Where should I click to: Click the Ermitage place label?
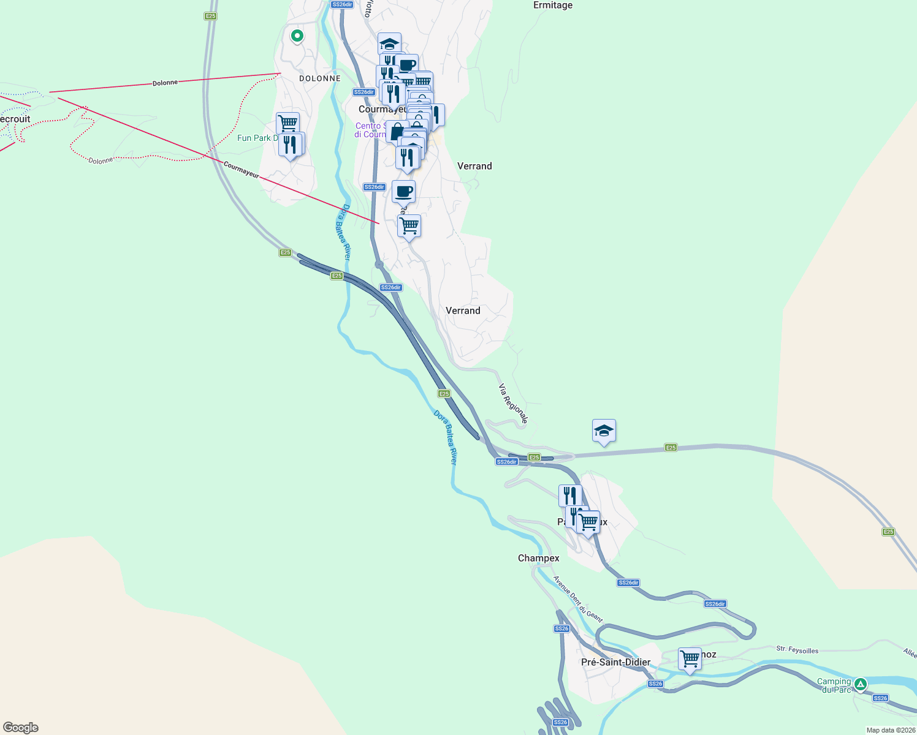pyautogui.click(x=552, y=6)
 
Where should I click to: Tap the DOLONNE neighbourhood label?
pyautogui.click(x=319, y=78)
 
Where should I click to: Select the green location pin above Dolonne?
pyautogui.click(x=297, y=36)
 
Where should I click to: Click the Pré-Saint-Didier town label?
pyautogui.click(x=615, y=662)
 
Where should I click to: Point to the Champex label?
pyautogui.click(x=538, y=558)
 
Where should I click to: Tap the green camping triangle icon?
pyautogui.click(x=861, y=684)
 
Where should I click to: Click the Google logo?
pyautogui.click(x=21, y=727)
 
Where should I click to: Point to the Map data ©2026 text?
pyautogui.click(x=890, y=730)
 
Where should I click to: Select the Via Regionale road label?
pyautogui.click(x=513, y=404)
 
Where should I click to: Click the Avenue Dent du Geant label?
pyautogui.click(x=578, y=598)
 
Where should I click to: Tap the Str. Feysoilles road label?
pyautogui.click(x=797, y=650)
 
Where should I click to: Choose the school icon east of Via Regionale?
pyautogui.click(x=604, y=431)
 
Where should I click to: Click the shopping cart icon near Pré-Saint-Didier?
pyautogui.click(x=690, y=659)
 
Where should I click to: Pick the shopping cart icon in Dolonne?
pyautogui.click(x=287, y=124)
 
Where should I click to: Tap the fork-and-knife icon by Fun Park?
pyautogui.click(x=291, y=145)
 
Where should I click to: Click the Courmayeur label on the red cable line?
pyautogui.click(x=241, y=169)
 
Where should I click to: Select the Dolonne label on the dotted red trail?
pyautogui.click(x=101, y=160)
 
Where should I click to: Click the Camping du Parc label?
pyautogui.click(x=834, y=685)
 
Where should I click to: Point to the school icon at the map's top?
pyautogui.click(x=389, y=43)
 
